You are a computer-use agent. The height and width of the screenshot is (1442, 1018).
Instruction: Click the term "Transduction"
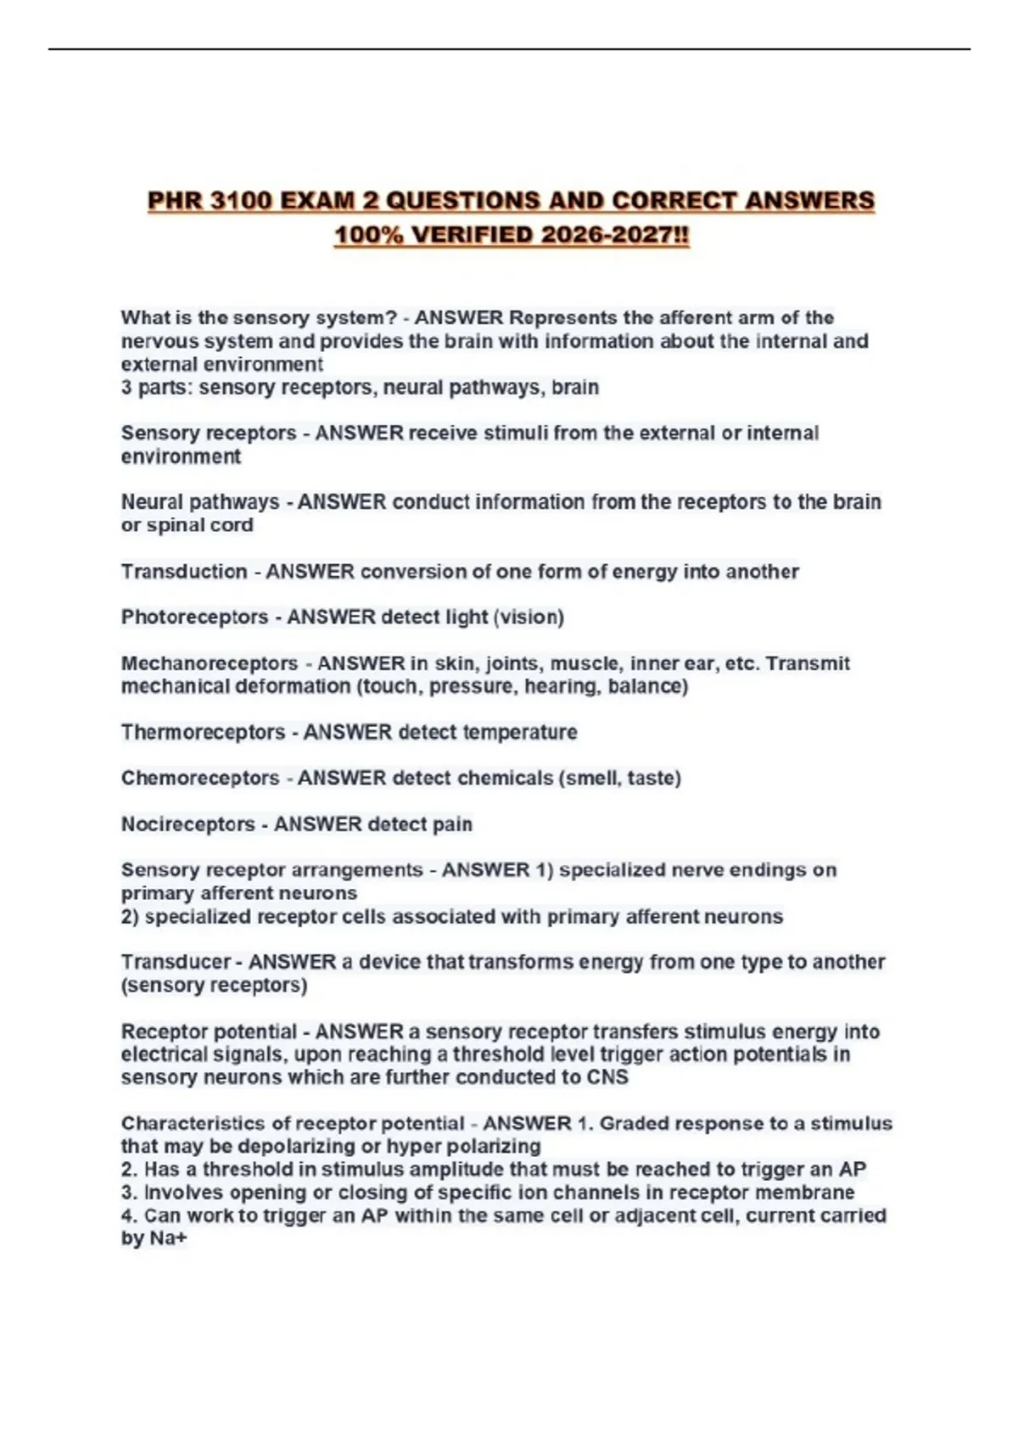(183, 572)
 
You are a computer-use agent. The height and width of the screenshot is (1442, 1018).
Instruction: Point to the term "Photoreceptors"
(194, 618)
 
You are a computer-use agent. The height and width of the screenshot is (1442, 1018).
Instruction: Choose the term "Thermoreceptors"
(203, 732)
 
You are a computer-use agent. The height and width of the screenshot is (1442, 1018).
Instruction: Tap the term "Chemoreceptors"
(200, 778)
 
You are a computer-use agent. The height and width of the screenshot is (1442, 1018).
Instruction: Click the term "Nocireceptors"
(187, 824)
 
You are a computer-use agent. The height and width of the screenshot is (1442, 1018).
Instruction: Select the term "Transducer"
(176, 962)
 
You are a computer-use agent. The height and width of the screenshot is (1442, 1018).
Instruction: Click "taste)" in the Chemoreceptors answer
(654, 778)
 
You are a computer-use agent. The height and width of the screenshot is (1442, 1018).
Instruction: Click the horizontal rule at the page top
(509, 49)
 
